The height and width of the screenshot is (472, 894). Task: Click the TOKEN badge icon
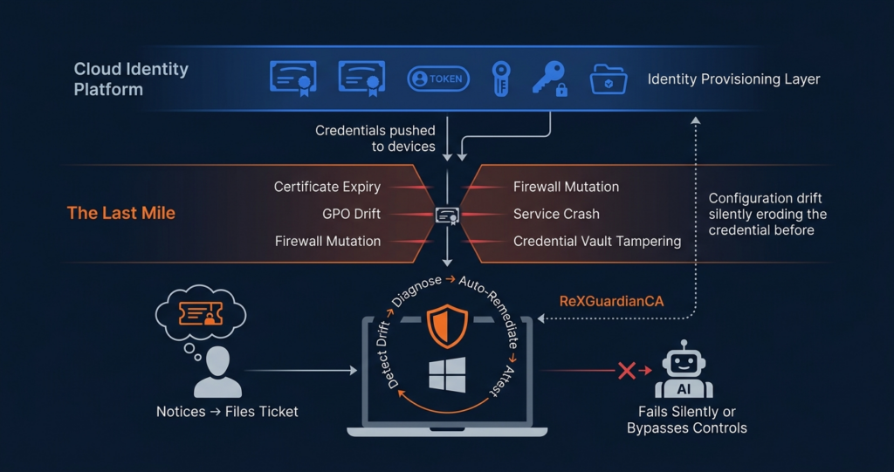pyautogui.click(x=438, y=79)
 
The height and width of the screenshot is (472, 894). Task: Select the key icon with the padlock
pyautogui.click(x=550, y=79)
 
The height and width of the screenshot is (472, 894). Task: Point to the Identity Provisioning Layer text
pyautogui.click(x=733, y=79)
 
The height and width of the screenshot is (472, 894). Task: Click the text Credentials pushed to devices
pyautogui.click(x=375, y=139)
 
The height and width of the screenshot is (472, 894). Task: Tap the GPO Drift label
pyautogui.click(x=351, y=214)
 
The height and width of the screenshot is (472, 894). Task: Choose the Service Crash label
pyautogui.click(x=556, y=214)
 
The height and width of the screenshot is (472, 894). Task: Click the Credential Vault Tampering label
pyautogui.click(x=597, y=241)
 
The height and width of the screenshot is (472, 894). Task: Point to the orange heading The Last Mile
pyautogui.click(x=120, y=214)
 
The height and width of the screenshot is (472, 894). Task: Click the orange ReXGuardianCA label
pyautogui.click(x=611, y=301)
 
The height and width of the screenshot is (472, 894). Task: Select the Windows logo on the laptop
pyautogui.click(x=447, y=373)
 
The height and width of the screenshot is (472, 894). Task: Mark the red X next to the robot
pyautogui.click(x=626, y=371)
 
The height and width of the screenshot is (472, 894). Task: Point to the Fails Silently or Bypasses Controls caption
pyautogui.click(x=686, y=420)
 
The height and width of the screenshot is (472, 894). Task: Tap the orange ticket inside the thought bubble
pyautogui.click(x=199, y=314)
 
